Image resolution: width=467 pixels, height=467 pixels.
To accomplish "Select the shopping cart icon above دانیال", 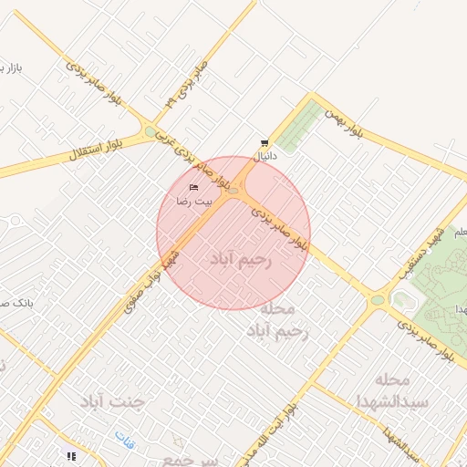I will pyautogui.click(x=264, y=143).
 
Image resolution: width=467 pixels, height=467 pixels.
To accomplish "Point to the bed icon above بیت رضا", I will pyautogui.click(x=193, y=187).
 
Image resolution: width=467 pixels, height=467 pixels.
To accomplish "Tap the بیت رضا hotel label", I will pyautogui.click(x=193, y=199).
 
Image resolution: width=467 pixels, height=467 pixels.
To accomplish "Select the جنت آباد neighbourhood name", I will pyautogui.click(x=113, y=400).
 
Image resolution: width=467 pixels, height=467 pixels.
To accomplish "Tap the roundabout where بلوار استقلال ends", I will pyautogui.click(x=150, y=133).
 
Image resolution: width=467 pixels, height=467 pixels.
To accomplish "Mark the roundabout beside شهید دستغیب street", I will pyautogui.click(x=377, y=299).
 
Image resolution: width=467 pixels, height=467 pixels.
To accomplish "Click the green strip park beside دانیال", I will pyautogui.click(x=300, y=127).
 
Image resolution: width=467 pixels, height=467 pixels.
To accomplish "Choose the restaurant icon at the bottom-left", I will pyautogui.click(x=70, y=455).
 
